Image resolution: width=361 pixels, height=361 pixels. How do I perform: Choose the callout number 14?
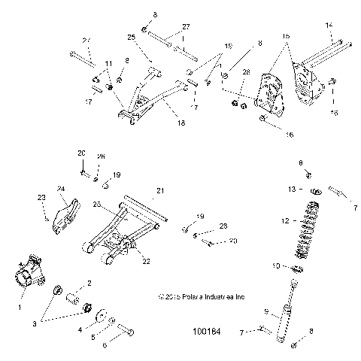coord(328,25)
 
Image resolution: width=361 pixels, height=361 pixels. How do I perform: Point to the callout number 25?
coord(131,38)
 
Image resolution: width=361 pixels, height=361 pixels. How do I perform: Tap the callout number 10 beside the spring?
coord(275,265)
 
